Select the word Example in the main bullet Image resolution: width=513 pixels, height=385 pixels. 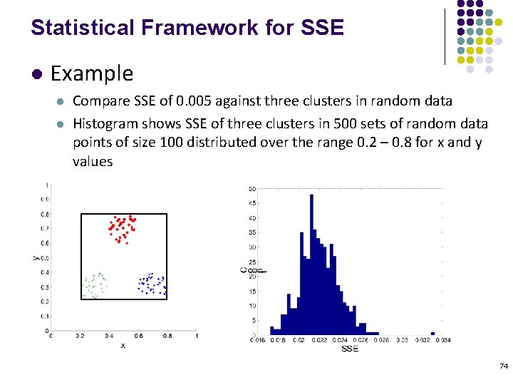point(92,73)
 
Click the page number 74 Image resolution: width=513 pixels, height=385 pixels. point(504,366)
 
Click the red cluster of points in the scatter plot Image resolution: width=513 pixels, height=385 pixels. point(122,228)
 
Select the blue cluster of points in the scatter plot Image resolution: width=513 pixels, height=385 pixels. point(151,284)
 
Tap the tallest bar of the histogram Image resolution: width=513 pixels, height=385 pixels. point(311,264)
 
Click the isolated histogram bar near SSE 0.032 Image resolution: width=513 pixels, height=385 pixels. point(432,332)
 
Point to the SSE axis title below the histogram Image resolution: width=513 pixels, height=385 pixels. point(350,349)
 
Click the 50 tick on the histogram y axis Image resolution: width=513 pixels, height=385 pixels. point(252,189)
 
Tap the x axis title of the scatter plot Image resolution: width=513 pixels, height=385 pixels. point(123,345)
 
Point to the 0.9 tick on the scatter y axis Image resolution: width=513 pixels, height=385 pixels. point(44,199)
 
